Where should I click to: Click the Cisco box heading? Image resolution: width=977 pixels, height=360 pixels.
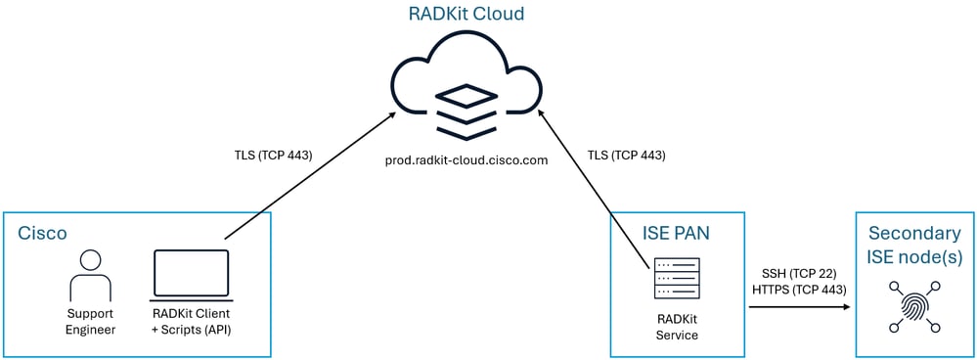point(44,234)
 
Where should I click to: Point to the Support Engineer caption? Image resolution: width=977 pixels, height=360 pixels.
point(91,322)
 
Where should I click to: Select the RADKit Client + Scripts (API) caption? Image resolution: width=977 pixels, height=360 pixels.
point(191,322)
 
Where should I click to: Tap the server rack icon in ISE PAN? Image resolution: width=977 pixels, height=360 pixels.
point(677,278)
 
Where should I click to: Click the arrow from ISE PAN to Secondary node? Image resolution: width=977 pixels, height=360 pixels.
point(797,307)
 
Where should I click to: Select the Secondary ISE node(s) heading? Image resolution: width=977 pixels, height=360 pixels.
point(914,246)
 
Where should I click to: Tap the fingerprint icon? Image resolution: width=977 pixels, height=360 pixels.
point(914,303)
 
